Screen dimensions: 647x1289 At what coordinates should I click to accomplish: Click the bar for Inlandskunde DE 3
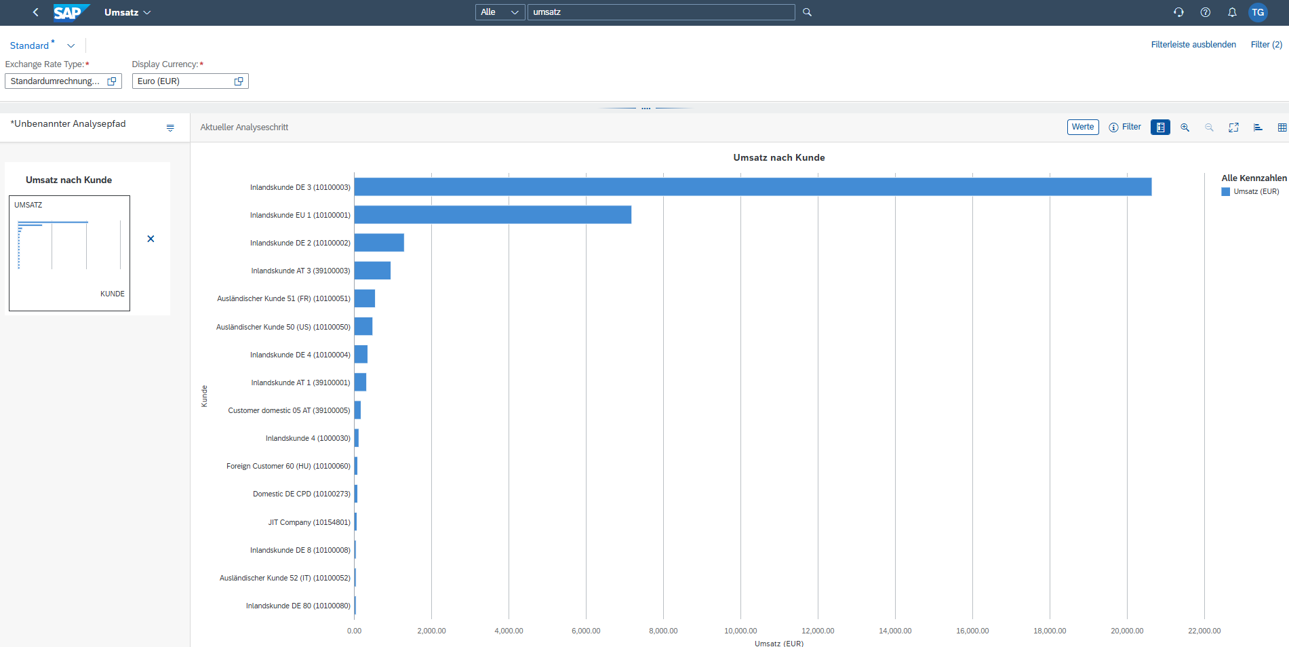tap(753, 187)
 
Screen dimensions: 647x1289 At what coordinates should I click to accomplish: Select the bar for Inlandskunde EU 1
tap(493, 215)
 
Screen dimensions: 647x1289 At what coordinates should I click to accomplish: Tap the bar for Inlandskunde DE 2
tap(379, 243)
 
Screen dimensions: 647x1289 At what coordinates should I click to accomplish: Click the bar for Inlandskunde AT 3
tap(372, 271)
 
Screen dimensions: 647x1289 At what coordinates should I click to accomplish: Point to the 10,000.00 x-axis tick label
tap(740, 631)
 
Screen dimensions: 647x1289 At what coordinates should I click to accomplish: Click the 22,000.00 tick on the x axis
tap(1204, 631)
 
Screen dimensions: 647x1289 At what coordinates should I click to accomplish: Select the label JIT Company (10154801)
tap(309, 522)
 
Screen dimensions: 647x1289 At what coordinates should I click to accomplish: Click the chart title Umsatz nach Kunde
tap(778, 157)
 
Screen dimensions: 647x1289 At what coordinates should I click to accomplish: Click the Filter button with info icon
tap(1125, 127)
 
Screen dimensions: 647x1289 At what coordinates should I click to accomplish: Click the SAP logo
tap(71, 12)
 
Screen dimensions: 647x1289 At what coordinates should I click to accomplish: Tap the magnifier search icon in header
tap(807, 12)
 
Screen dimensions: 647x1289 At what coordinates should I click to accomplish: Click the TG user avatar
tap(1258, 12)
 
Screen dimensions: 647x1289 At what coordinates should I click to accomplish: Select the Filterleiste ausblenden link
tap(1193, 45)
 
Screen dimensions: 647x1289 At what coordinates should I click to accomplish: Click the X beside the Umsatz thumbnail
tap(151, 239)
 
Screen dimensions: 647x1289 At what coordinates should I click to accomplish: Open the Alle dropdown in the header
tap(500, 12)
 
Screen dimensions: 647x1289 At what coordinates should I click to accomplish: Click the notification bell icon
tap(1232, 12)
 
